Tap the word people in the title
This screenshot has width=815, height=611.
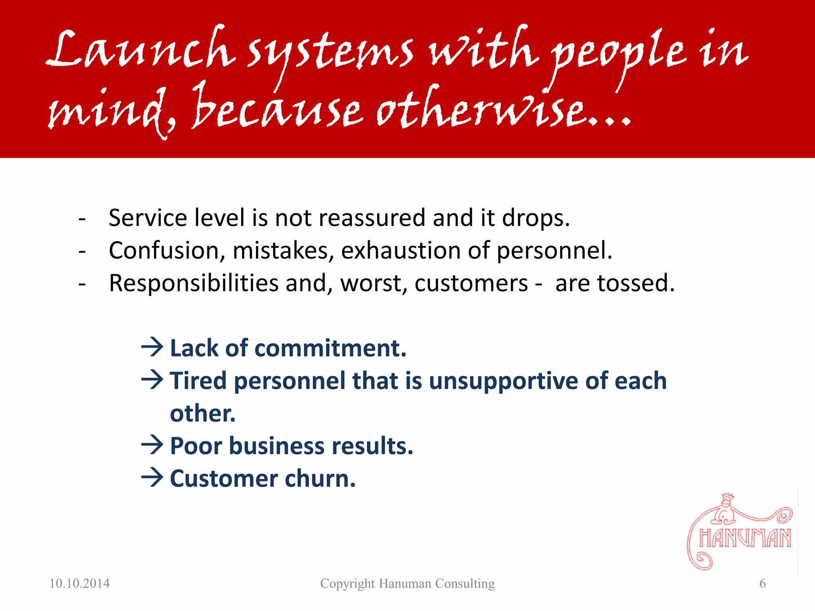[x=619, y=54]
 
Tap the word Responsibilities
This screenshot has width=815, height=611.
[x=194, y=283]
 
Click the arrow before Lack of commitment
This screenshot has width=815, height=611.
[x=152, y=347]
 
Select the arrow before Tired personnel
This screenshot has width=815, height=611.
[x=152, y=379]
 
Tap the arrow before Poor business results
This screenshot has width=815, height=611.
[x=152, y=445]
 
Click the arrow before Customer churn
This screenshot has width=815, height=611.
[x=152, y=477]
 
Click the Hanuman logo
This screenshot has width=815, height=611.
[x=740, y=533]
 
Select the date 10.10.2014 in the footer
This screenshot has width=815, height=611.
[x=80, y=584]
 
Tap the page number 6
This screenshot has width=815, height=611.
[x=762, y=584]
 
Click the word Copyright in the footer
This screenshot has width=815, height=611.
[x=347, y=584]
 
